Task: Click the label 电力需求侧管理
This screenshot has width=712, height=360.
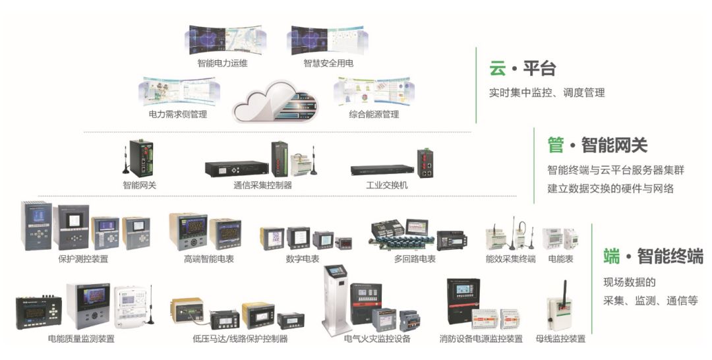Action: pyautogui.click(x=178, y=115)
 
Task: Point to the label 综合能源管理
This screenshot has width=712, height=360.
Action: pyautogui.click(x=374, y=115)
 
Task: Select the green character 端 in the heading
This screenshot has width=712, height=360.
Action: pyautogui.click(x=612, y=256)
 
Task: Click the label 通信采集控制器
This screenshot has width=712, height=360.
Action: pyautogui.click(x=262, y=185)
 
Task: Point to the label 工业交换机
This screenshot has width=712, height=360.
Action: pyautogui.click(x=387, y=185)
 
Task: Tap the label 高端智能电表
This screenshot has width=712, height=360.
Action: pyautogui.click(x=209, y=259)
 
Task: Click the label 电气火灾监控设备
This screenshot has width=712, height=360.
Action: pyautogui.click(x=378, y=339)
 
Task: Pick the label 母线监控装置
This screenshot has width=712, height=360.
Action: pyautogui.click(x=560, y=339)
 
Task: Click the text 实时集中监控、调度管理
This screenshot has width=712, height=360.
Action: pyautogui.click(x=547, y=93)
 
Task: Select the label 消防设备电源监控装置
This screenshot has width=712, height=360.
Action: pyautogui.click(x=481, y=339)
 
